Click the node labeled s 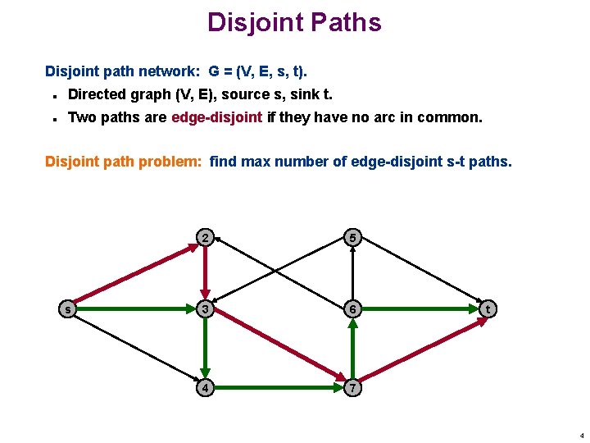coord(68,309)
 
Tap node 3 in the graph coord(205,309)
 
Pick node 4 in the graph coord(205,386)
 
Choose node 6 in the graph coord(352,309)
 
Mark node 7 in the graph coord(352,386)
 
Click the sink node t coord(488,309)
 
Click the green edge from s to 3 coord(136,309)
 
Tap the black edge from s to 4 coord(136,348)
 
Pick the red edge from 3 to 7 coord(279,348)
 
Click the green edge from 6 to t coord(420,309)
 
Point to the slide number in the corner coord(581,436)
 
